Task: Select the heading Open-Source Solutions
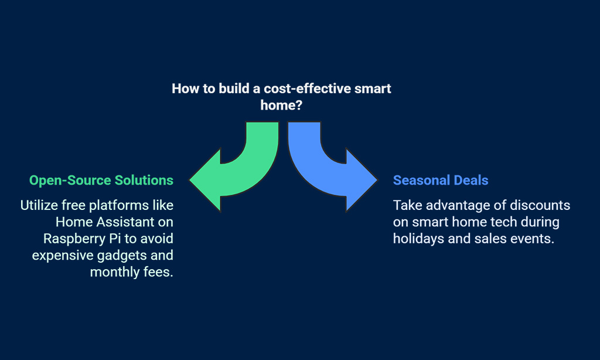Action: pyautogui.click(x=101, y=181)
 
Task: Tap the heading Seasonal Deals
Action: pyautogui.click(x=441, y=181)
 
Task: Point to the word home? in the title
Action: pyautogui.click(x=281, y=105)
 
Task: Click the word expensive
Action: pyautogui.click(x=63, y=256)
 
